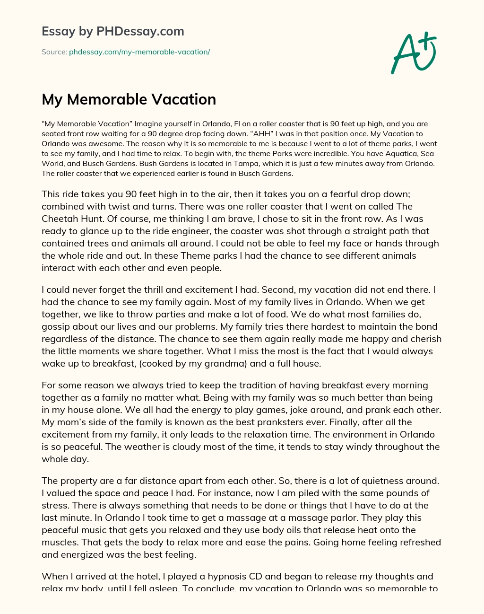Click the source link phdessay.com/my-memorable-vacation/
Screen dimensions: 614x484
coord(139,52)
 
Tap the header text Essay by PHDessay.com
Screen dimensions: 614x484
coord(113,31)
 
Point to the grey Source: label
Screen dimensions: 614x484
coord(54,52)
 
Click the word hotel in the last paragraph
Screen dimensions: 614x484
coord(139,576)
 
